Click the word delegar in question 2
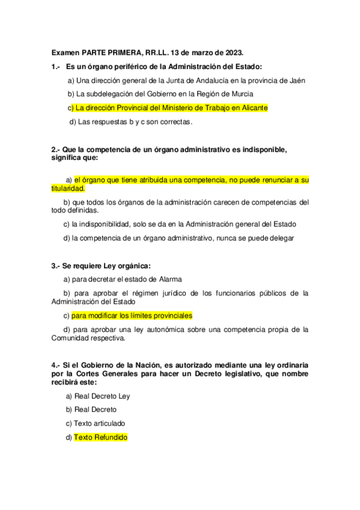click(280, 238)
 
